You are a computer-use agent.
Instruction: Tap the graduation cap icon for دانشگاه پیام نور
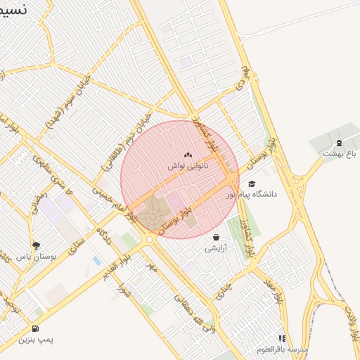[x=252, y=184]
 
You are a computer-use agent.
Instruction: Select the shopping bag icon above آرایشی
[x=216, y=237]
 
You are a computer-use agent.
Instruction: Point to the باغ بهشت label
[x=340, y=153]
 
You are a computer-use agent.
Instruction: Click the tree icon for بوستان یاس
[x=36, y=245]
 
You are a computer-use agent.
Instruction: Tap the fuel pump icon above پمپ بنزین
[x=36, y=328]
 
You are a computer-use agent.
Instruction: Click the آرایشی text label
[x=216, y=248]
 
